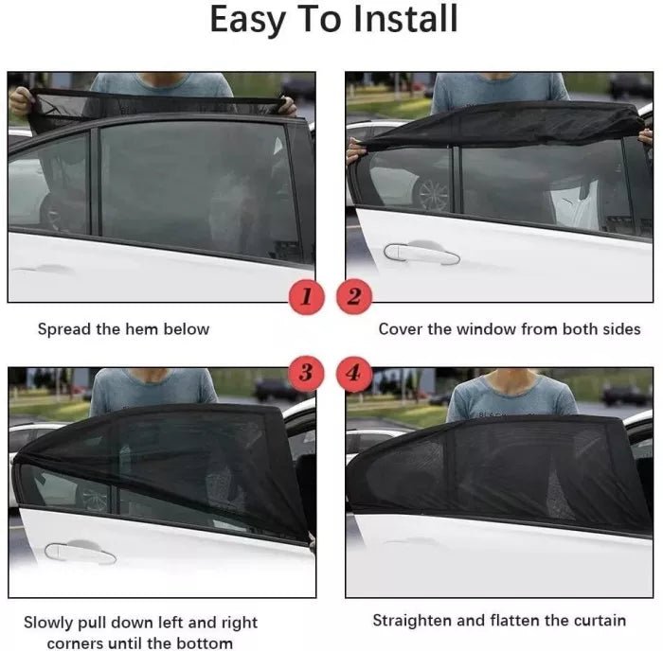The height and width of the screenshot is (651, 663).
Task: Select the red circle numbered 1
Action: [x=305, y=297]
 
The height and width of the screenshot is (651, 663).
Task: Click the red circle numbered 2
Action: [x=354, y=297]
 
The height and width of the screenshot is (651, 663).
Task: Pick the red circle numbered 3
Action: [x=305, y=373]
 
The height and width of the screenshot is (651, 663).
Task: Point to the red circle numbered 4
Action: [x=354, y=373]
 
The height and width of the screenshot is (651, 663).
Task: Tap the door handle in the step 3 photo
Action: [x=80, y=552]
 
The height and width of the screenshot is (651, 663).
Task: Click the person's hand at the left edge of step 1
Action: [x=21, y=98]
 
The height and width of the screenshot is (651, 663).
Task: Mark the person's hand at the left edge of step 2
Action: [x=355, y=150]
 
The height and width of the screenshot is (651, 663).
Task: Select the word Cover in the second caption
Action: [x=400, y=329]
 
